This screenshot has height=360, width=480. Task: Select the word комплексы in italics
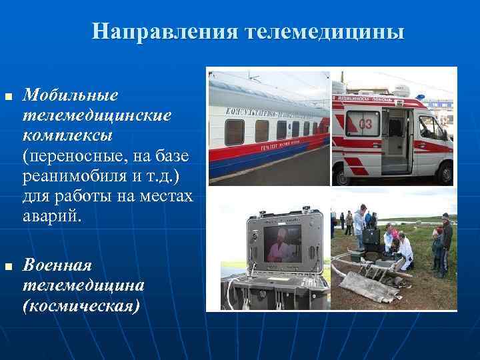point(67,135)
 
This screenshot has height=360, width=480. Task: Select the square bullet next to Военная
point(9,266)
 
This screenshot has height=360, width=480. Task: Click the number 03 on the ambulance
point(366,123)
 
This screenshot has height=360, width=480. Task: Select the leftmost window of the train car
point(233,132)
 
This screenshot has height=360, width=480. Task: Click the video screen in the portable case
point(281,243)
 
